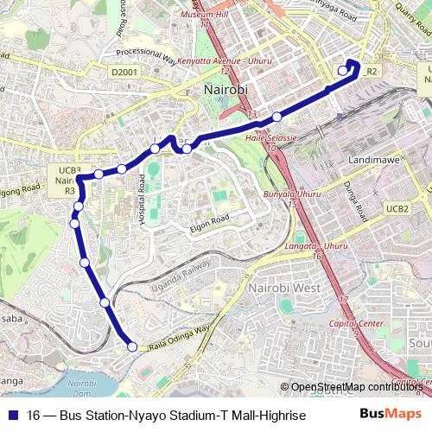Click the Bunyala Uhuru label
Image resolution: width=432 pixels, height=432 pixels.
[292, 194]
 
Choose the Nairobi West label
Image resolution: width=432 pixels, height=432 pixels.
[283, 287]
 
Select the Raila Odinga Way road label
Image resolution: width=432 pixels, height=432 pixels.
[181, 336]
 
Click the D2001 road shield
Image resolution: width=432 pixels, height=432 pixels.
[123, 74]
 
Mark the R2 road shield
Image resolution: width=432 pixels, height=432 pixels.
[372, 71]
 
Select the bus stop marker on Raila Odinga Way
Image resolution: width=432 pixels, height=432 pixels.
[132, 347]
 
